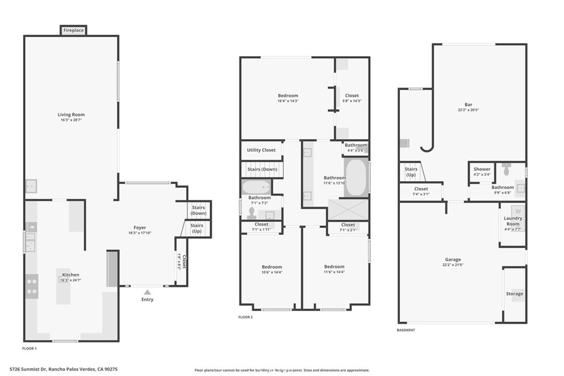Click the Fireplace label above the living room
click(x=73, y=30)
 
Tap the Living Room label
click(x=71, y=115)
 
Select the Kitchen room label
click(x=70, y=275)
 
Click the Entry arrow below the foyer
click(x=147, y=292)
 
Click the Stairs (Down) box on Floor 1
click(x=198, y=210)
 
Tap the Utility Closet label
click(x=261, y=150)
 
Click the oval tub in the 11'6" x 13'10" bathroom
click(x=356, y=177)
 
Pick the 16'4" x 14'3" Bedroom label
click(x=288, y=96)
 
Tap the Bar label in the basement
click(x=468, y=105)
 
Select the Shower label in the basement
click(x=482, y=169)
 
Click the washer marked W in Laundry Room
click(x=517, y=210)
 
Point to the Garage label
click(x=453, y=259)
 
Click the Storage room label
click(x=514, y=293)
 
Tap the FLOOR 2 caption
click(x=245, y=317)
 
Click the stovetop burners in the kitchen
click(x=32, y=286)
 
